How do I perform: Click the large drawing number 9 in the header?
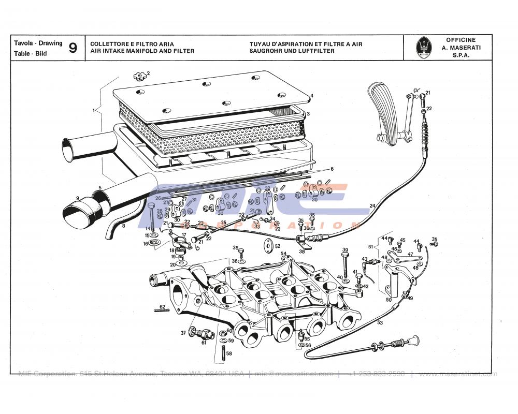pos(73,48)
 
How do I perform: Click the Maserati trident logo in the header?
pos(424,48)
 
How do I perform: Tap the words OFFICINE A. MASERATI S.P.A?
pos(461,48)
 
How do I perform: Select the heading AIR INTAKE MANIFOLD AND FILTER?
pos(142,51)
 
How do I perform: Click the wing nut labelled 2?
pos(139,77)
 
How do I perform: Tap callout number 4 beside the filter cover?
pos(312,96)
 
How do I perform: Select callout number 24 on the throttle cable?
pos(372,205)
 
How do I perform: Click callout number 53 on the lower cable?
pos(380,323)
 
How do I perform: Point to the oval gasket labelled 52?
pos(269,246)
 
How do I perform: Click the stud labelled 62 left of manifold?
pos(161,310)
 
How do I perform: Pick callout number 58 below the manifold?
pos(229,354)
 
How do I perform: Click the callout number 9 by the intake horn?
pos(77,198)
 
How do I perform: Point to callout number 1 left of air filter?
pos(94,110)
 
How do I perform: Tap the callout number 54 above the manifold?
pos(283,254)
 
